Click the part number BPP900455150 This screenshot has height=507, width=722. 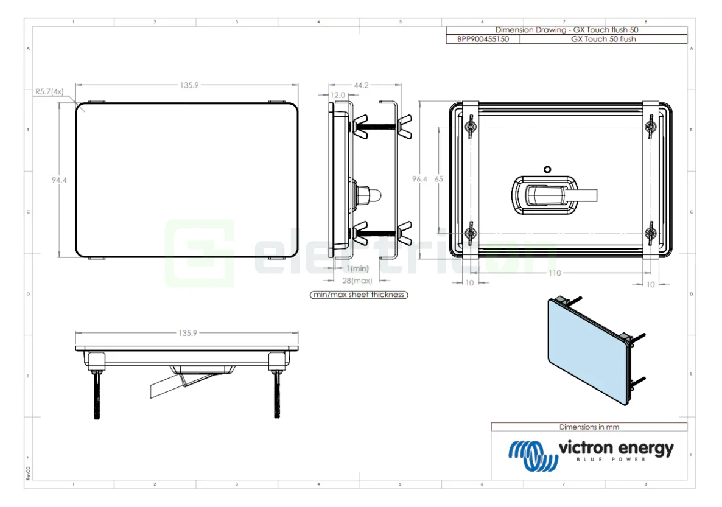point(483,39)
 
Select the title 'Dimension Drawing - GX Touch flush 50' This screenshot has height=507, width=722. point(566,30)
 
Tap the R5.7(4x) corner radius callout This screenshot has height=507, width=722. point(49,91)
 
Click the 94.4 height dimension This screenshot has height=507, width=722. point(59,180)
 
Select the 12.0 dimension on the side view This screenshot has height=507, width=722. point(337,95)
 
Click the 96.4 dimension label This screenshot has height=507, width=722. point(419,179)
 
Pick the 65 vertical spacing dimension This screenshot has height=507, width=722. point(439,179)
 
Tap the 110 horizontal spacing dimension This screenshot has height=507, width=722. point(554,273)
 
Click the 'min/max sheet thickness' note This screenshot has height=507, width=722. point(359,295)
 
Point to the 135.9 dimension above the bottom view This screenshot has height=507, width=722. point(188,333)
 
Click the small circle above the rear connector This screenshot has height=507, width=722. point(547,169)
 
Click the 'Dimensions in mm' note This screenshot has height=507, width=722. point(589,427)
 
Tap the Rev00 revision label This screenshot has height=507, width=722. point(28,473)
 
